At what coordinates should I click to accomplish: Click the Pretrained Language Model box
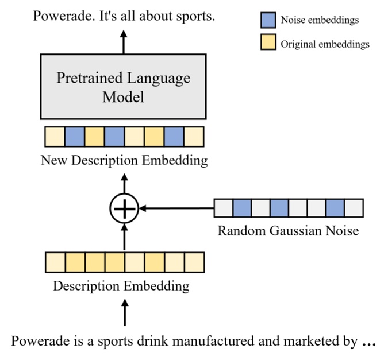[124, 87]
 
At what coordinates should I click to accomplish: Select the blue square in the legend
[268, 20]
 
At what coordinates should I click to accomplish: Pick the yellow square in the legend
[268, 43]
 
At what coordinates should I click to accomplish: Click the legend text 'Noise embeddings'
[319, 20]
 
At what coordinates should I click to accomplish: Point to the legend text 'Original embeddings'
[325, 44]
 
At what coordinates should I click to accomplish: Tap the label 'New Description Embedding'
[124, 160]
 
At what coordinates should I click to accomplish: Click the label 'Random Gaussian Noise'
[288, 231]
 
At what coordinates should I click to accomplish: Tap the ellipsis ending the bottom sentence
[368, 342]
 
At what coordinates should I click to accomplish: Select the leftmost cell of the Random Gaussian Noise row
[223, 208]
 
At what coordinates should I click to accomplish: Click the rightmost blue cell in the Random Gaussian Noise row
[335, 208]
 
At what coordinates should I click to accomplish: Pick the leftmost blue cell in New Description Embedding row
[75, 137]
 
